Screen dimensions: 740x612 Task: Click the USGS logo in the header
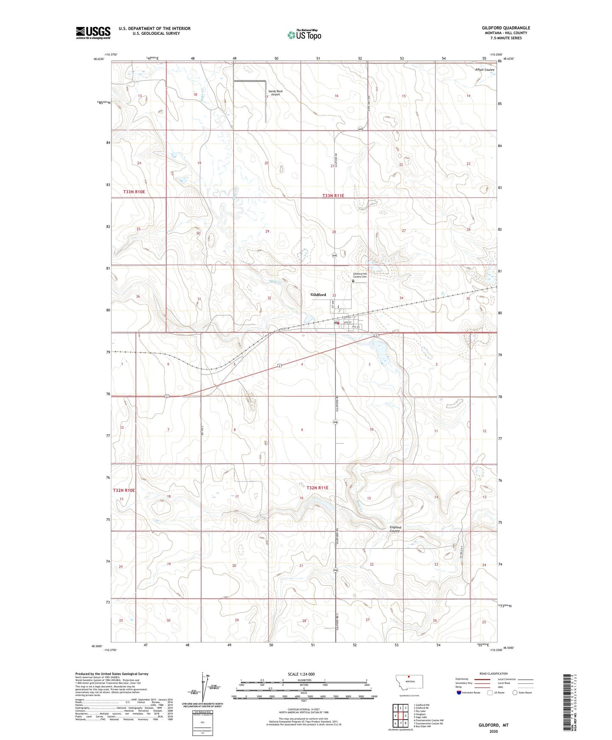pos(93,33)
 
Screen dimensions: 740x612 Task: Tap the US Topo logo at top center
pos(304,35)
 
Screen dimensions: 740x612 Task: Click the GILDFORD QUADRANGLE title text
pos(506,28)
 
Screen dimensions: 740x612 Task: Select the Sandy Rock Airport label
pos(275,93)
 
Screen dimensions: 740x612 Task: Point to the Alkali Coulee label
pos(484,70)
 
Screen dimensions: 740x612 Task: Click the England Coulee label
pos(395,529)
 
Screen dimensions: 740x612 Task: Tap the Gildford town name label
pos(318,295)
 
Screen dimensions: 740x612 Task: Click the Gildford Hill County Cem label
pos(360,275)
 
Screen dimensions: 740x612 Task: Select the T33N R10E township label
pos(134,192)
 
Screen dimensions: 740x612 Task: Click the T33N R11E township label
pos(333,196)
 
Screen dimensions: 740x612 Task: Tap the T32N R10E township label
pos(124,490)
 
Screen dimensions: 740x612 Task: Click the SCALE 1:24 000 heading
pos(301,674)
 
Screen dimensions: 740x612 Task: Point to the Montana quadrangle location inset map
pos(409,684)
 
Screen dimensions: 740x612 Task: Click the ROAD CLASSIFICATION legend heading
pos(493,673)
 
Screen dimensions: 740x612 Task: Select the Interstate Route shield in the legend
pos(460,693)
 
